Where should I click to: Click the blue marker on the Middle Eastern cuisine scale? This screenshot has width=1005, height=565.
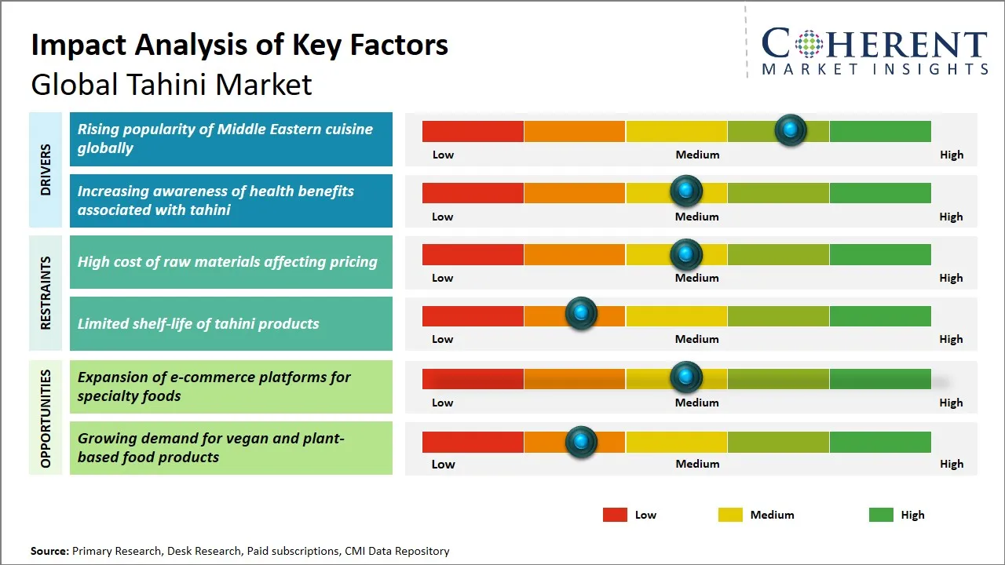[x=791, y=129]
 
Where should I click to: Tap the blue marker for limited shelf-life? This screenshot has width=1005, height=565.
[x=581, y=314]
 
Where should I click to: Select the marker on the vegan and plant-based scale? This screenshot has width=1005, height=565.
[x=581, y=442]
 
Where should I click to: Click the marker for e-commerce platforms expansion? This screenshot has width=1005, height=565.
[x=686, y=377]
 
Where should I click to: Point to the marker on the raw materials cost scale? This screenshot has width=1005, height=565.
[x=686, y=254]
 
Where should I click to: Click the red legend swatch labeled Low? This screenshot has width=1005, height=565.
[x=615, y=515]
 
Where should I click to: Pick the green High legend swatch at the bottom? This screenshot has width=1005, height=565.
[x=881, y=515]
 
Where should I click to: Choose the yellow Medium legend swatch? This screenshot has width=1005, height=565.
[x=730, y=515]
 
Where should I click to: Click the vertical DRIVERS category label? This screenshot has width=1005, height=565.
[x=46, y=169]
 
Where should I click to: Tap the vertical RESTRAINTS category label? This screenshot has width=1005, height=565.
[x=46, y=293]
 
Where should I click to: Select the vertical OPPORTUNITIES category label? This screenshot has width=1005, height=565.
[x=46, y=418]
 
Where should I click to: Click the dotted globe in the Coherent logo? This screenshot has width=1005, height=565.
[x=808, y=44]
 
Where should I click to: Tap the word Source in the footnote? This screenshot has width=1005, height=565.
[x=49, y=551]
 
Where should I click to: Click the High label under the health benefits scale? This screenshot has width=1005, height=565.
[x=951, y=217]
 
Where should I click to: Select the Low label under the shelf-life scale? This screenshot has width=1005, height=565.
[x=443, y=339]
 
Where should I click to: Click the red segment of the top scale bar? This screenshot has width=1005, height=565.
[x=473, y=131]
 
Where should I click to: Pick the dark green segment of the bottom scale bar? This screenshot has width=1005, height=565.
[x=880, y=442]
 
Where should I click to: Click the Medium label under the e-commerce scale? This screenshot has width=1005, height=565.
[x=697, y=403]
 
